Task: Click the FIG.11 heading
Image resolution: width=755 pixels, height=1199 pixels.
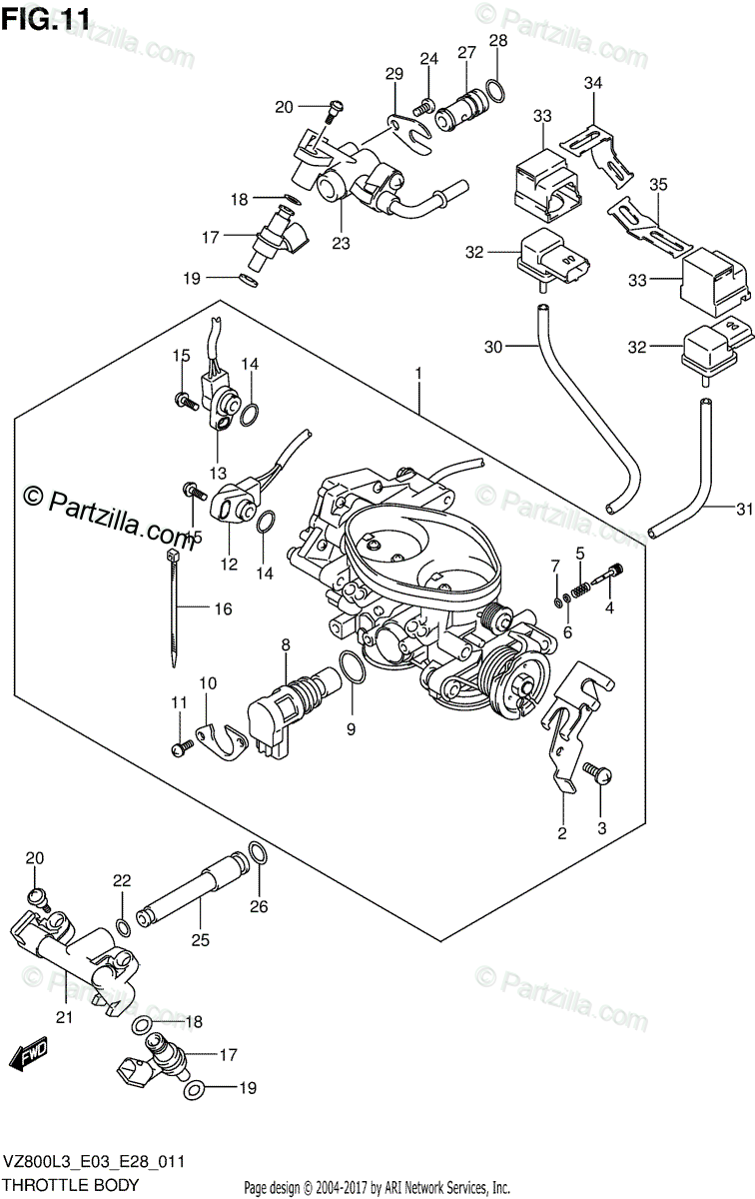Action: pos(46,20)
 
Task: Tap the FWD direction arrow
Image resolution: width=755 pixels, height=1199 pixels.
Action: pos(29,1054)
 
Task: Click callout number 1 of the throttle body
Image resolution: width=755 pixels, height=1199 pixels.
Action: pos(418,374)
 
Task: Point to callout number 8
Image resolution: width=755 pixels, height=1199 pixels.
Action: pos(286,644)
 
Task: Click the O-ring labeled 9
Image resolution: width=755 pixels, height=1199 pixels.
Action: pos(353,667)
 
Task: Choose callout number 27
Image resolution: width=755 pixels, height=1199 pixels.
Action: pos(466,52)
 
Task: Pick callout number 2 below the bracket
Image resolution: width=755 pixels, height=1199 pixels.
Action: pos(562,833)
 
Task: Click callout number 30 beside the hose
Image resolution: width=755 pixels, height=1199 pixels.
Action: pos(493,347)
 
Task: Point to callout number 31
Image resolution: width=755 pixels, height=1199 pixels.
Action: pos(744,509)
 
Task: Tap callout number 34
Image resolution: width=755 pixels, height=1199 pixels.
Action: pos(593,82)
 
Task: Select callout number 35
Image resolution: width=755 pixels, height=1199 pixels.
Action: pos(659,184)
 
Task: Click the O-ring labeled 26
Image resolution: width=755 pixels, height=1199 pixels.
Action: pos(257,851)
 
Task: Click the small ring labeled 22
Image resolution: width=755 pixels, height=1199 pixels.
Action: pos(123,927)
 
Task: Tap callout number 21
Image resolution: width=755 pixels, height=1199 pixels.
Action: pos(64,1017)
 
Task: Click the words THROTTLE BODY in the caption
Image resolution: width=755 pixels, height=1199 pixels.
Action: pos(71,1185)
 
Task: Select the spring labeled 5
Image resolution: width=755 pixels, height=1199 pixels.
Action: pos(580,591)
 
